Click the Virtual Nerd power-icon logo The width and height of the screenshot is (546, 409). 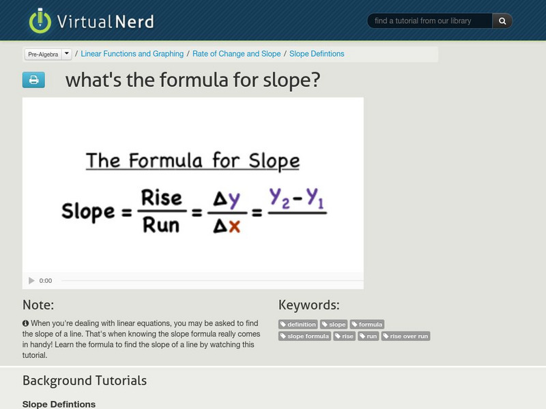point(40,20)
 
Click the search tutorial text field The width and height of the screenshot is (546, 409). point(429,21)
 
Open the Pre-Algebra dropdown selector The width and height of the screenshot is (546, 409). point(48,54)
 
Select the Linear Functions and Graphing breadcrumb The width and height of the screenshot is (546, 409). point(132,54)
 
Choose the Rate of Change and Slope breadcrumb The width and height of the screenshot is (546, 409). point(236,54)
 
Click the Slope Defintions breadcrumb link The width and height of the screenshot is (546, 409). point(317,54)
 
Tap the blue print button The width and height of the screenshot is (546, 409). point(33,80)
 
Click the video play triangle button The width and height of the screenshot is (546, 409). point(31,281)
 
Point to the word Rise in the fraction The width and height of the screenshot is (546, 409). point(161,198)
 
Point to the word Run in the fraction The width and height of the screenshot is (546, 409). point(161,224)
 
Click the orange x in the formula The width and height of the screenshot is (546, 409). point(234,225)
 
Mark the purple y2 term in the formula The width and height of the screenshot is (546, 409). point(280,198)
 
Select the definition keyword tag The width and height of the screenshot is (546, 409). point(298,324)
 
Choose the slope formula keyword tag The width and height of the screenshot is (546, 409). point(305,336)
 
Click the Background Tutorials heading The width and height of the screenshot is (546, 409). point(85,380)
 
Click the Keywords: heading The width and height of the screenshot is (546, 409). point(308,305)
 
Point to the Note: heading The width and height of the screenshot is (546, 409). point(38,305)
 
